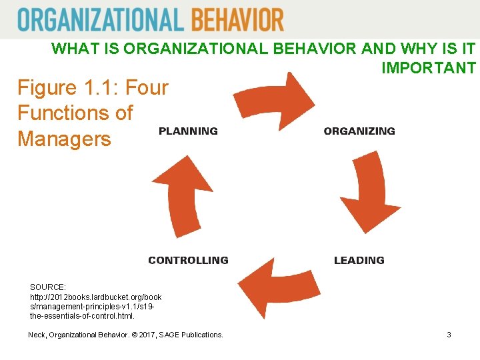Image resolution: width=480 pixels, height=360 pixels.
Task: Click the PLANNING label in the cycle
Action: [188, 131]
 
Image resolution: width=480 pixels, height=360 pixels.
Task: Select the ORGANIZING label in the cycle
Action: [359, 131]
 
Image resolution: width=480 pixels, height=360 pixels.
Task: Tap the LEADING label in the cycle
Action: [359, 260]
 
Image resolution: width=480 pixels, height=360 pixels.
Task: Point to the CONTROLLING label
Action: [188, 260]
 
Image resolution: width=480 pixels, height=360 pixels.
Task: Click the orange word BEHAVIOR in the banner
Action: [237, 20]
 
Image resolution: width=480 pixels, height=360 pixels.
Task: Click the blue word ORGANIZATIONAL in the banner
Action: [101, 20]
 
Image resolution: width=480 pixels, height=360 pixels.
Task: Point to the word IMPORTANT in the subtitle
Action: [429, 68]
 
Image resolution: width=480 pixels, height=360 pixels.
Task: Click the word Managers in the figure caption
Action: [64, 139]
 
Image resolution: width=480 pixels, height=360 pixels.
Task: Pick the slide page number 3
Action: [449, 335]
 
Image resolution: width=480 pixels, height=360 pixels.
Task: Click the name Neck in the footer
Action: [37, 335]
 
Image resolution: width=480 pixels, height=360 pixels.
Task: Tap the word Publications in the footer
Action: [203, 335]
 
